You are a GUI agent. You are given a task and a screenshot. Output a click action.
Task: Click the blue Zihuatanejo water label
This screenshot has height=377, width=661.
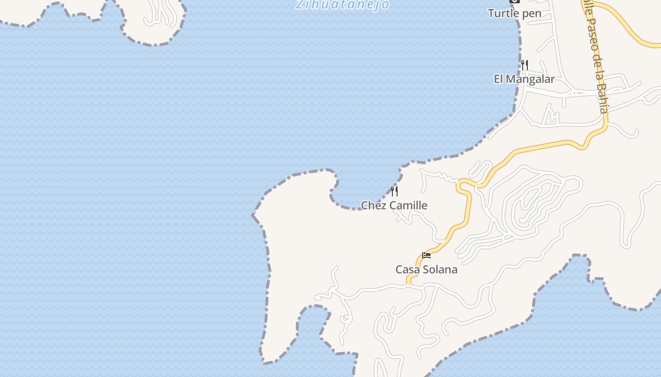[x=343, y=4]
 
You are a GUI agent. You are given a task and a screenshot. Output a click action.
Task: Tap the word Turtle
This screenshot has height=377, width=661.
[x=504, y=13]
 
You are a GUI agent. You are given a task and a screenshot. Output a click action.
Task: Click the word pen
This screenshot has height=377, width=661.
[x=532, y=13]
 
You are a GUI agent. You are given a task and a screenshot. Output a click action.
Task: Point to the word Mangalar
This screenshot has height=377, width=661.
[x=530, y=79]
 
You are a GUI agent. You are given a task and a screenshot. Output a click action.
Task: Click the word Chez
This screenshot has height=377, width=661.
[x=373, y=205]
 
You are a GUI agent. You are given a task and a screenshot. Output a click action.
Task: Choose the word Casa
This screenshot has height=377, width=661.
[x=407, y=270]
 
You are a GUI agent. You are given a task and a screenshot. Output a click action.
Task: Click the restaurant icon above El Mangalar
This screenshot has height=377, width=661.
[x=525, y=64]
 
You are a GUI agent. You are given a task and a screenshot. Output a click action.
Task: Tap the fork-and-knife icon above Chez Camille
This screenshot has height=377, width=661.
[x=394, y=191]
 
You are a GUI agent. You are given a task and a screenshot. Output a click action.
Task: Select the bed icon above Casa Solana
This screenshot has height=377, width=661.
[x=426, y=255]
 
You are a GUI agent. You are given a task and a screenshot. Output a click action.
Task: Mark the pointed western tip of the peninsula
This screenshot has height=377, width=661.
[x=254, y=215]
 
